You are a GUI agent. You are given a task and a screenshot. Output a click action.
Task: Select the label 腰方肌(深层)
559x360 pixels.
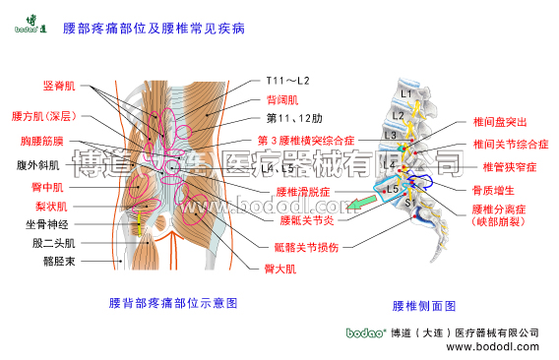[45, 116]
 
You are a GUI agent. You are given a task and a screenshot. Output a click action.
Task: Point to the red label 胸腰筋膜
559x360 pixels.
[42, 142]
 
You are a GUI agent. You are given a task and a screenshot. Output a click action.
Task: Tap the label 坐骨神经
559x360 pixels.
[46, 224]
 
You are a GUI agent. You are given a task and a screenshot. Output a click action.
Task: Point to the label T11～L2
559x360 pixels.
[287, 80]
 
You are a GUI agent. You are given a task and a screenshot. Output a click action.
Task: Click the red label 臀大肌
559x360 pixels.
[279, 269]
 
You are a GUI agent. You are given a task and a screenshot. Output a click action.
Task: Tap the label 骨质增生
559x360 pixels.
[499, 189]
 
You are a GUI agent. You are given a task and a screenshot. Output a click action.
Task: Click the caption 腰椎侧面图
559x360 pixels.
[424, 306]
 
